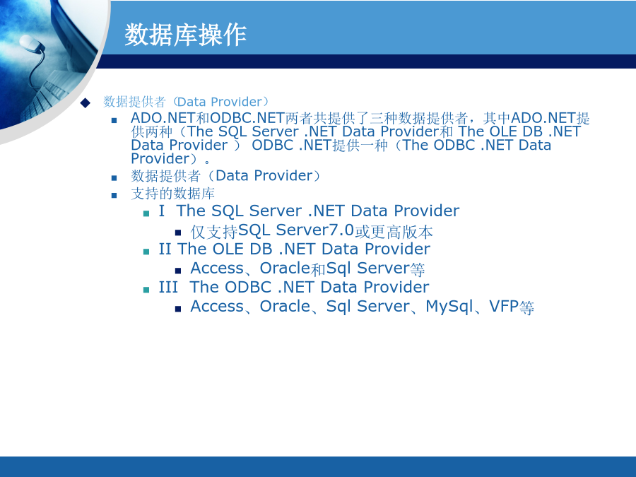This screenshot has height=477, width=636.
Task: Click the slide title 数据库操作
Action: [x=185, y=35]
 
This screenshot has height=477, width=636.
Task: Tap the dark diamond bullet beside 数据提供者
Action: [x=86, y=102]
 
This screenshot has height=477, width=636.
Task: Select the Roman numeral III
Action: [x=168, y=287]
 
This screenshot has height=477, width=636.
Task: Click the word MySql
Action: [x=449, y=307]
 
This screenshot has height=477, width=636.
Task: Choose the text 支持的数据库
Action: [x=173, y=194]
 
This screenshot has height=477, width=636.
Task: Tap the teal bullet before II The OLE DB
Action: [x=146, y=252]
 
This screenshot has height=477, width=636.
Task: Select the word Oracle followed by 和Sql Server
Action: [x=285, y=268]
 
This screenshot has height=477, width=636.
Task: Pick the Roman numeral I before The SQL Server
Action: [x=161, y=211]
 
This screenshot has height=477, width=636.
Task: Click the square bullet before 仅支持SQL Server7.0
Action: [x=178, y=232]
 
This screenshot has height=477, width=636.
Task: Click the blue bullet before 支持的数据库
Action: [x=114, y=196]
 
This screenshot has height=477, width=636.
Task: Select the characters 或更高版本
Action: [x=394, y=232]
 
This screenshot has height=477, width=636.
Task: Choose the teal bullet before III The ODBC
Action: [x=146, y=290]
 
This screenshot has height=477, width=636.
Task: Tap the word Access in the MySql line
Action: [x=217, y=307]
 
